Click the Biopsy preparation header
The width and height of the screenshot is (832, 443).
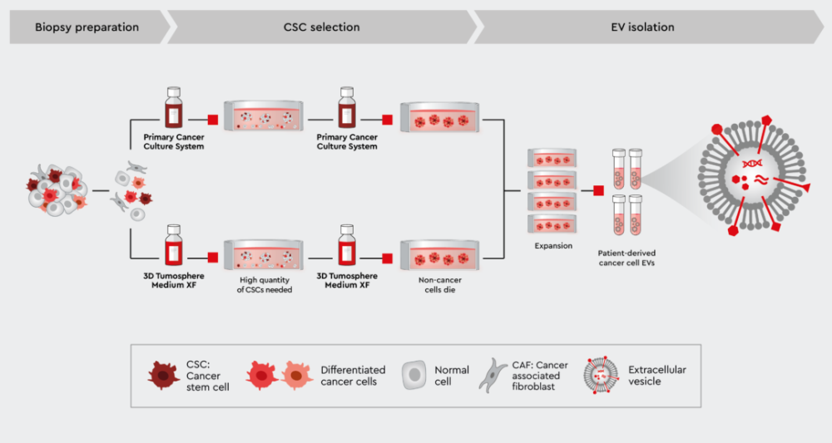point(87,27)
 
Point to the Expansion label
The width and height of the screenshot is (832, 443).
point(552,246)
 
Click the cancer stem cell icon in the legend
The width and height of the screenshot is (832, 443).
point(164,377)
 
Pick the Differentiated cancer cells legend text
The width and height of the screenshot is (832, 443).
point(353,376)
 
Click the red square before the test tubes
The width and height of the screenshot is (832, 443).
point(598,191)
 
